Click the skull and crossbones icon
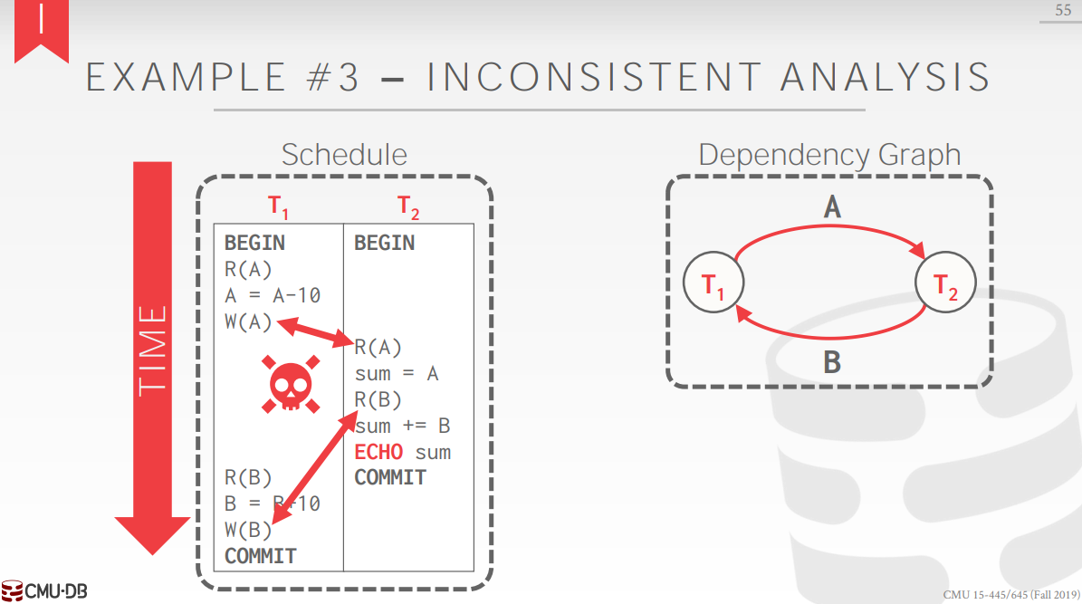point(291,383)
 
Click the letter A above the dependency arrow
point(831,208)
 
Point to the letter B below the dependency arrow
point(831,364)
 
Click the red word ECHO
point(378,452)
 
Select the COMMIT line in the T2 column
point(390,477)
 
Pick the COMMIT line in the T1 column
point(261,555)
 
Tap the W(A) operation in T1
point(248,321)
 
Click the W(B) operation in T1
point(248,530)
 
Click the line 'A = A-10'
point(273,295)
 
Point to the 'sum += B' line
point(403,426)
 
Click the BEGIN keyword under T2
point(384,243)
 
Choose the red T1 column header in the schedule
point(279,207)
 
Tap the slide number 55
point(1061,10)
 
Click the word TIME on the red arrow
point(153,350)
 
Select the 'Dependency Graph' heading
point(829,155)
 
